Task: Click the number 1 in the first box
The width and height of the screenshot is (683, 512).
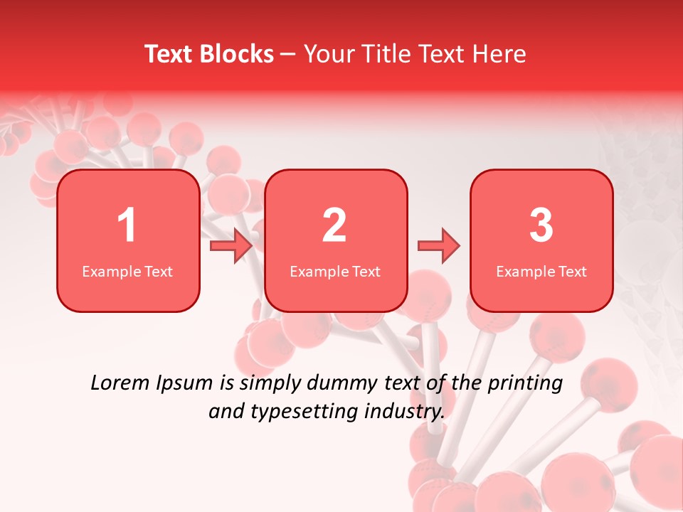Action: coord(127,225)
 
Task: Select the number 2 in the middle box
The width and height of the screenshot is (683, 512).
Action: coord(334,225)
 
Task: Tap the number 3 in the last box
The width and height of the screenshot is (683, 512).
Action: coord(541,225)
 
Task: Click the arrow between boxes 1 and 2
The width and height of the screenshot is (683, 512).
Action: coord(231,246)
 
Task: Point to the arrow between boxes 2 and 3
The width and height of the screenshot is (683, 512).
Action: coord(439,246)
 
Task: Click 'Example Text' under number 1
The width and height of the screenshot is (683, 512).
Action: coord(127,272)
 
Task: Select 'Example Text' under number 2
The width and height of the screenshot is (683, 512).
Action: coord(335,272)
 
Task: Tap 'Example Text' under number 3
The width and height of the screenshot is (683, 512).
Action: coord(541,272)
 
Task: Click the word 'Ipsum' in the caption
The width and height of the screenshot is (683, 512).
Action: coord(185,384)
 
